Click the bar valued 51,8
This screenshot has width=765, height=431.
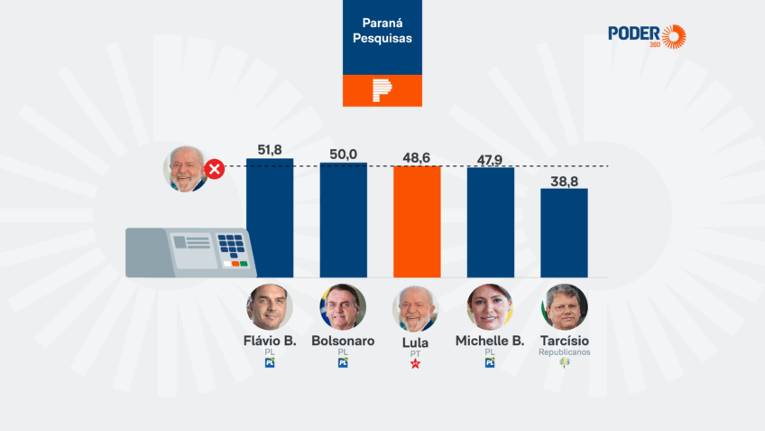tap(270, 218)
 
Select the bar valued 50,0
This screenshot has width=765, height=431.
tap(344, 220)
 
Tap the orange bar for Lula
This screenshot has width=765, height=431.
tap(417, 221)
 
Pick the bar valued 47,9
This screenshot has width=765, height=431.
tap(491, 222)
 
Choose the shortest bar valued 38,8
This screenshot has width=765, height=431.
tap(564, 232)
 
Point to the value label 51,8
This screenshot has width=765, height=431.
tap(270, 149)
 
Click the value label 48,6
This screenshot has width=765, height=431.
tap(417, 157)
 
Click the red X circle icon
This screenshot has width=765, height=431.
tap(215, 169)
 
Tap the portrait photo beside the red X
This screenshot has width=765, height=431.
tap(185, 168)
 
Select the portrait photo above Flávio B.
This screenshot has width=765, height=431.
tap(270, 307)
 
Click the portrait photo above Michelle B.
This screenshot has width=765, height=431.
tap(490, 307)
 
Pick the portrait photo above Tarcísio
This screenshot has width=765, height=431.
tap(565, 307)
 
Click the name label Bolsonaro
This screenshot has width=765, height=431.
tap(343, 342)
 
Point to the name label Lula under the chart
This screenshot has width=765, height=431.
tap(416, 342)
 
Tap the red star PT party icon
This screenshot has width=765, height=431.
tap(416, 364)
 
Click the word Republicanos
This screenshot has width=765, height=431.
tap(565, 352)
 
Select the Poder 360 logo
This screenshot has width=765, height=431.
tap(646, 36)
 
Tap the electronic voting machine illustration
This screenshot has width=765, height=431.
tap(190, 251)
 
